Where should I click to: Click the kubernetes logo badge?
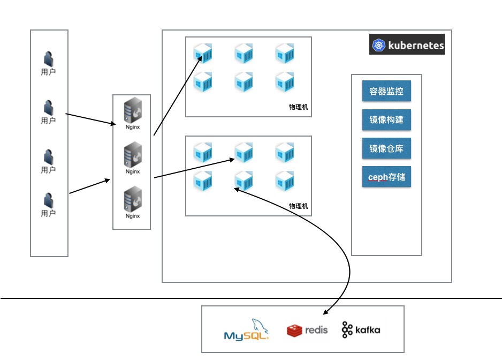tap(407, 45)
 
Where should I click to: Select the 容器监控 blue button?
tap(386, 91)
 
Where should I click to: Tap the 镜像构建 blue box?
tap(386, 120)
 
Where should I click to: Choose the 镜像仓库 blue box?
tap(386, 148)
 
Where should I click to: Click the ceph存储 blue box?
tap(386, 177)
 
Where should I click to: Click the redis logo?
tap(307, 331)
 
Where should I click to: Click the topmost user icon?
tap(48, 59)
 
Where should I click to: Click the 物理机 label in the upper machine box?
tap(298, 107)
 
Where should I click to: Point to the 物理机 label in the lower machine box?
tap(298, 206)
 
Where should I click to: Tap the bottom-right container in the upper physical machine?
tap(285, 82)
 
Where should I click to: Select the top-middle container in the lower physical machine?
tap(244, 153)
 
